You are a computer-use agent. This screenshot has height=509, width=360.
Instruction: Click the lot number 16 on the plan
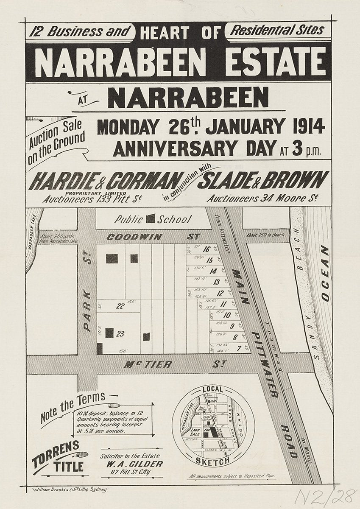[207, 249]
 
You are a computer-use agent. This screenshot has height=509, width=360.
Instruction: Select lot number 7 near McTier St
[239, 349]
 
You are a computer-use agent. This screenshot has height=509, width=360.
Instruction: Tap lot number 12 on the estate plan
[220, 293]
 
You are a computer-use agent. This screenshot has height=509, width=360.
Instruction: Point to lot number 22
[120, 305]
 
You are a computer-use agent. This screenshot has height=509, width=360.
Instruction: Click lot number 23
[120, 334]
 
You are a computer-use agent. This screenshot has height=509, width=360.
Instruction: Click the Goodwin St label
[134, 237]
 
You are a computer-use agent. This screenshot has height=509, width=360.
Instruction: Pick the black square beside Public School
[150, 219]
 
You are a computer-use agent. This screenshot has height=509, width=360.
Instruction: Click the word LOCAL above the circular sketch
[212, 389]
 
